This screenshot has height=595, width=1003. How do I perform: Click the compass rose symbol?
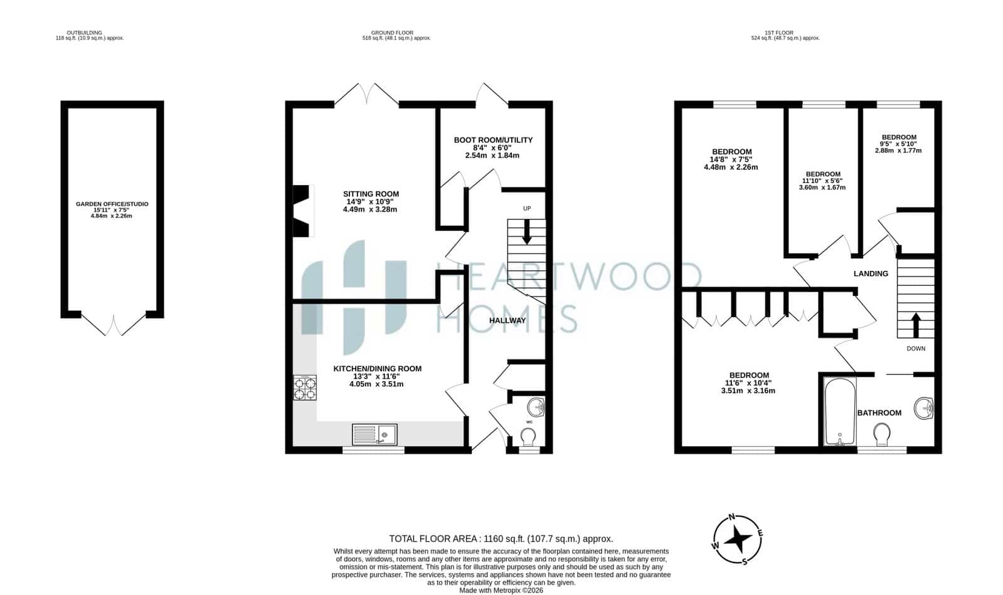click(x=738, y=539)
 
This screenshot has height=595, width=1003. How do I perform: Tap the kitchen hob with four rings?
click(x=305, y=387)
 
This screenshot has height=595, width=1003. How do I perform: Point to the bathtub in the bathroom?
click(x=839, y=412)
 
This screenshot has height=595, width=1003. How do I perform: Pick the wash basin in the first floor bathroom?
click(x=924, y=408)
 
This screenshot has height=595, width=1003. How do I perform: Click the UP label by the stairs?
click(x=527, y=208)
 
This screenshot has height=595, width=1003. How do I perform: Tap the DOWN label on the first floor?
click(x=916, y=349)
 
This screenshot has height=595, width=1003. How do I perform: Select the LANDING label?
click(x=871, y=273)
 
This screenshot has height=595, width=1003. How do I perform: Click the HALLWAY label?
click(x=507, y=320)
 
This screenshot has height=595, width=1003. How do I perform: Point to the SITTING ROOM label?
click(x=371, y=194)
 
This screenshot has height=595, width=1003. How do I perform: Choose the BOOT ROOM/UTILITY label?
click(x=493, y=140)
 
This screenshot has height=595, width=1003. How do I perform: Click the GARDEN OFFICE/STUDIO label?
click(x=112, y=204)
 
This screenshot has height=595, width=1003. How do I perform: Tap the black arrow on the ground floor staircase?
click(x=527, y=231)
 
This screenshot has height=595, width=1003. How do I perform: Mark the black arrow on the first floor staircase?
click(x=916, y=325)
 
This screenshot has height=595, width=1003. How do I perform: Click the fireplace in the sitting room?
click(x=301, y=211)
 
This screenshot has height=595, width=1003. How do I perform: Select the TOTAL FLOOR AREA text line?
click(x=501, y=539)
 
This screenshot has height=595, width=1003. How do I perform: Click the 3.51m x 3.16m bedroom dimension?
click(x=748, y=391)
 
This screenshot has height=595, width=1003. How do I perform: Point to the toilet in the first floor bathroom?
click(x=882, y=434)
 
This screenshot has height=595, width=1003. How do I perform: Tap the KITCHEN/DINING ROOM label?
click(x=378, y=369)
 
